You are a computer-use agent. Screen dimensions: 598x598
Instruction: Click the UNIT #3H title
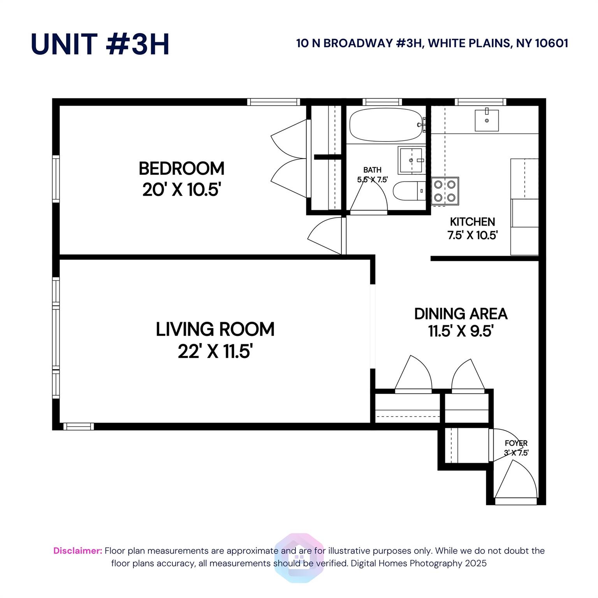tap(100, 44)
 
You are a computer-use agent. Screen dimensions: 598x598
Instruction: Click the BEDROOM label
tap(181, 169)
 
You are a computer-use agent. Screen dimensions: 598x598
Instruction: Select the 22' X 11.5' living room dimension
tap(215, 352)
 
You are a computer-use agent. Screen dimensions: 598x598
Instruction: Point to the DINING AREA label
tap(461, 314)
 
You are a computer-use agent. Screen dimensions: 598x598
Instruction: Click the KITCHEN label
tap(472, 222)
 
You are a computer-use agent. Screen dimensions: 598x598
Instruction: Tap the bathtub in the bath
tap(385, 125)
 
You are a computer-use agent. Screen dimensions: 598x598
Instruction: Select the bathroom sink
tap(411, 160)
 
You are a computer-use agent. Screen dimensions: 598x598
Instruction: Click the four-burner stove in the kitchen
tap(445, 191)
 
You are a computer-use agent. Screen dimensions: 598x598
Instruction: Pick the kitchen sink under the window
tap(486, 120)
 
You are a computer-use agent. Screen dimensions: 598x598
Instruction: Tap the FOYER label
tap(516, 443)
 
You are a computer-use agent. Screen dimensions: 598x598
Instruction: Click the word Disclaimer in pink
tap(77, 551)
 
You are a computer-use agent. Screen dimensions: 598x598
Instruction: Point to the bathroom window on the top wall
tap(382, 102)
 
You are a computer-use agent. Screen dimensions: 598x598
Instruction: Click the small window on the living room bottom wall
tap(79, 427)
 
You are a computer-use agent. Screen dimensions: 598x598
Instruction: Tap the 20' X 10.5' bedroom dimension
tap(181, 190)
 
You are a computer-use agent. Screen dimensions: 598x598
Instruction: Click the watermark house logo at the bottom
tap(299, 558)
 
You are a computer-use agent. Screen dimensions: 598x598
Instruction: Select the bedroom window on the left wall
tap(56, 179)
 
